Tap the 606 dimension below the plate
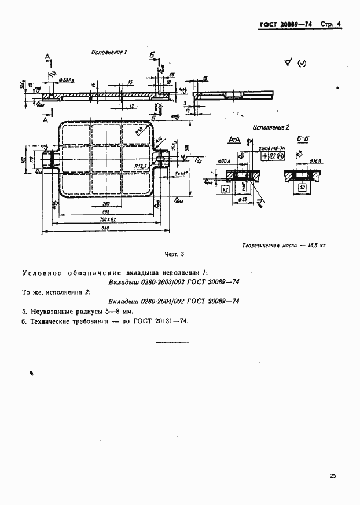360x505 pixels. click(105, 213)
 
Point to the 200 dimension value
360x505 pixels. click(105, 204)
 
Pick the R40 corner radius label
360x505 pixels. click(138, 133)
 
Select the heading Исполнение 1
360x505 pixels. click(109, 52)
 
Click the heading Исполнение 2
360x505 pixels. click(271, 127)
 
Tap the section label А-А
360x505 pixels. click(235, 140)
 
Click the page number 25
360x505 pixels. click(332, 476)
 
